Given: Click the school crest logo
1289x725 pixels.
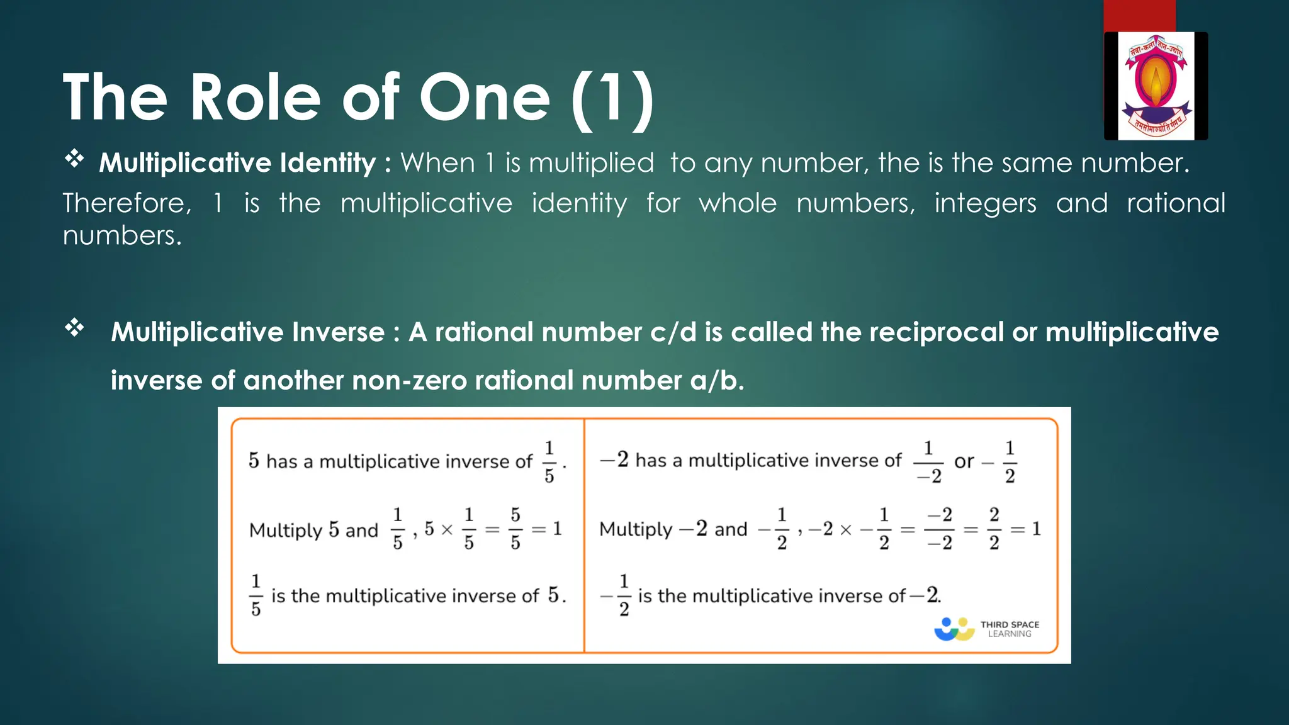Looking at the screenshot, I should coord(1156,86).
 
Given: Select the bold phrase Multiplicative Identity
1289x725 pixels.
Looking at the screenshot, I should coord(237,163).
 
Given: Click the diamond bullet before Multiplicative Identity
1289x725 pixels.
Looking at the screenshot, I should coord(74,159).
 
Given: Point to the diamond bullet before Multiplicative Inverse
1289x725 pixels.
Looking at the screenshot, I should coord(74,327).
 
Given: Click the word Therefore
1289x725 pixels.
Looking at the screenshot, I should coord(127,203).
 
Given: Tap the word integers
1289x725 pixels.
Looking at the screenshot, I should coord(985,203).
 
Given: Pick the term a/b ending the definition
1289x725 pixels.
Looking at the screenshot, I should coord(717,380).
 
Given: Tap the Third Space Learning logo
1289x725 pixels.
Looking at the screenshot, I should coord(986,629).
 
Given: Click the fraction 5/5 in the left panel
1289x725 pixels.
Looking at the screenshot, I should coord(515,529).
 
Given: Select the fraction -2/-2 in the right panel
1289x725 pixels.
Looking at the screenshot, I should coord(939,529).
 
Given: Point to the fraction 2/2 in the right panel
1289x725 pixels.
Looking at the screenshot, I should coord(994,529).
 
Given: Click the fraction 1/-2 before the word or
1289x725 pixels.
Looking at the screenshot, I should coord(928,462).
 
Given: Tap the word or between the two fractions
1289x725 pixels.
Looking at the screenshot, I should coord(964,462).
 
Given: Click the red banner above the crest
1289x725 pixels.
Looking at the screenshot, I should coord(1139,16).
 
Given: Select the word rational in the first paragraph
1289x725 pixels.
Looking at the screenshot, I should coord(1176,203).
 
